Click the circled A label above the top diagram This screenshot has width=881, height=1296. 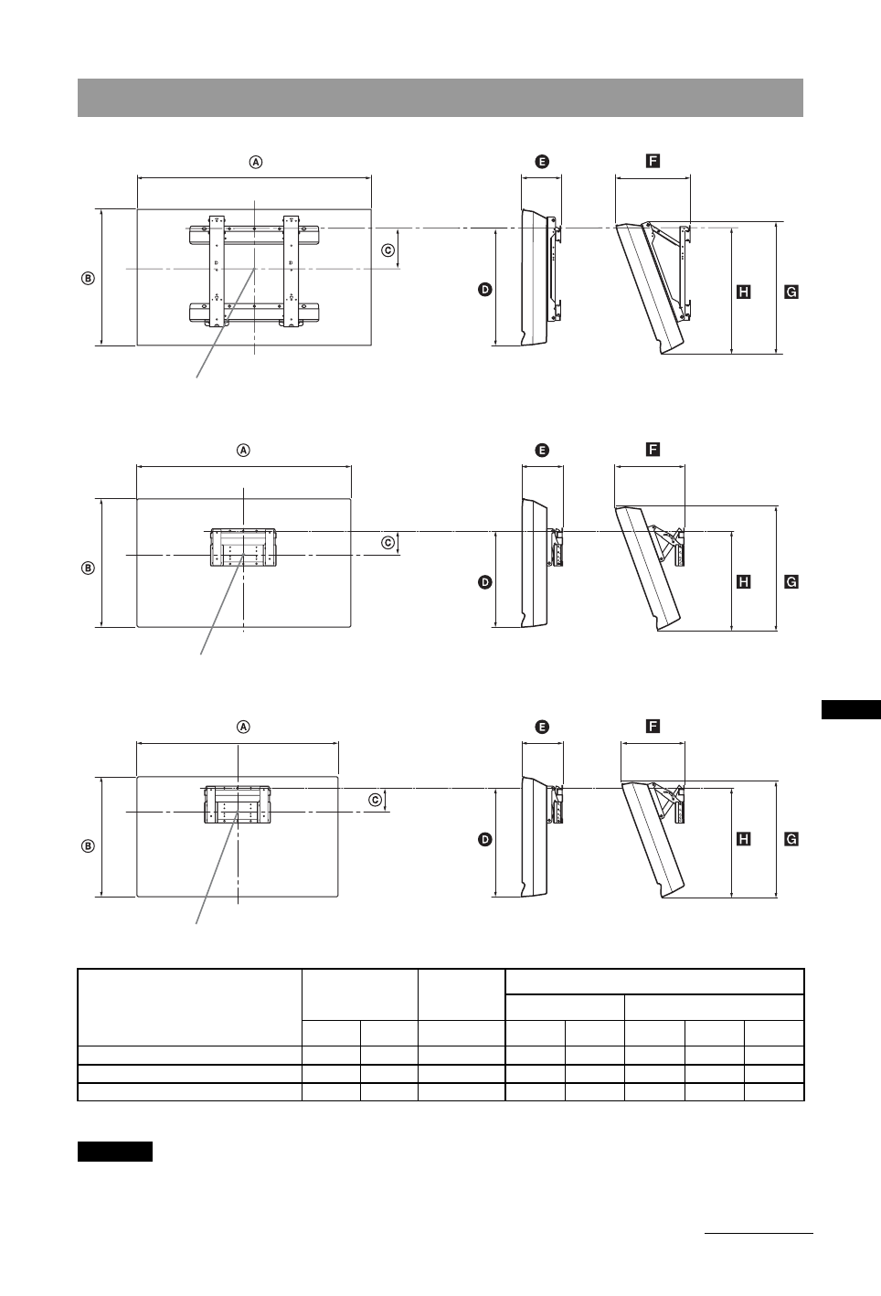tap(256, 162)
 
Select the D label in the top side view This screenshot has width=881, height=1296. tap(484, 289)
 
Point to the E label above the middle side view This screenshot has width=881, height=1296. tap(542, 450)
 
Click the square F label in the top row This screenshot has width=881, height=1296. tap(653, 161)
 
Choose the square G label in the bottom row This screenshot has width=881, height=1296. tap(791, 838)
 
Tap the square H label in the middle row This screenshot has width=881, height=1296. tap(744, 581)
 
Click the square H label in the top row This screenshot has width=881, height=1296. tap(744, 292)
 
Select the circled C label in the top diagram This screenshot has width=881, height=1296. tap(387, 250)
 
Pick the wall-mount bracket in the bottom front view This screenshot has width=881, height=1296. tap(237, 803)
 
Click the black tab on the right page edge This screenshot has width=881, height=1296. tap(850, 709)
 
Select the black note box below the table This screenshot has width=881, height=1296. tap(114, 1151)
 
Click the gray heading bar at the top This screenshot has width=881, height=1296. tap(440, 98)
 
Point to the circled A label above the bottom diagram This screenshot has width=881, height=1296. tap(243, 728)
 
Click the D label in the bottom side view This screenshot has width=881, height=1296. tap(484, 838)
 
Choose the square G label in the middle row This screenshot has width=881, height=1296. tap(791, 581)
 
